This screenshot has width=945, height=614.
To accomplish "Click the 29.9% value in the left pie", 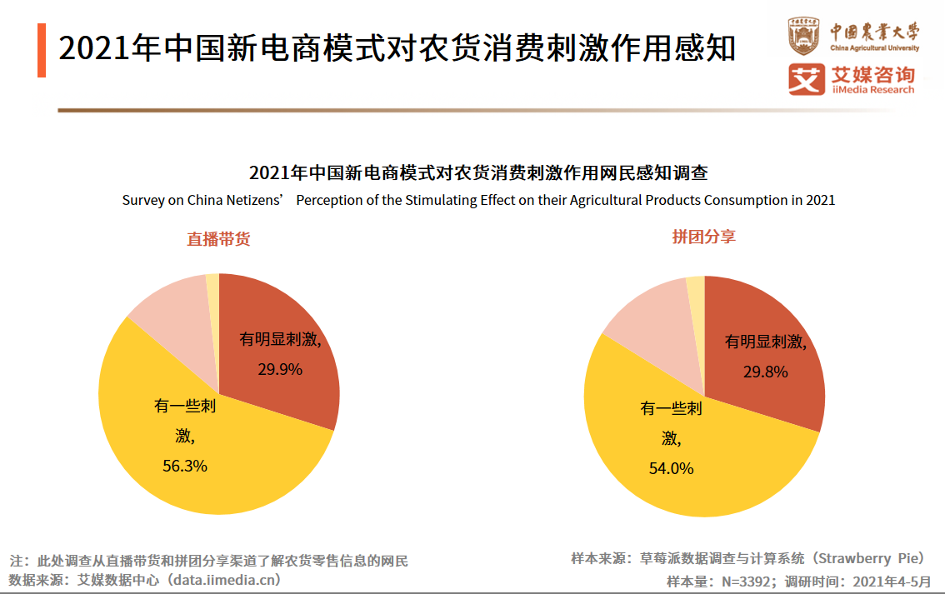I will (x=279, y=368).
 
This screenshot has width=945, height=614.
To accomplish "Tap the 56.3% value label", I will (x=184, y=466).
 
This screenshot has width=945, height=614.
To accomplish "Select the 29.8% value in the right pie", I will (x=765, y=372).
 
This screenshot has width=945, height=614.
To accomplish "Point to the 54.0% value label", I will (x=671, y=468).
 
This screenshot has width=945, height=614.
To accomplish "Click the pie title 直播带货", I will (x=218, y=239).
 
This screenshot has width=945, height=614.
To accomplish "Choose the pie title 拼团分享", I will (x=704, y=237).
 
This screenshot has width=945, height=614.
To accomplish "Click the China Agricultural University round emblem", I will (x=804, y=37).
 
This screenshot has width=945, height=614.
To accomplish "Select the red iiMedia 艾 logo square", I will (x=806, y=80).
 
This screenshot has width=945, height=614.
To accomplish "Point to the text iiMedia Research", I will (x=872, y=90).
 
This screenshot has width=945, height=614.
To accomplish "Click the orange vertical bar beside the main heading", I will (x=42, y=50).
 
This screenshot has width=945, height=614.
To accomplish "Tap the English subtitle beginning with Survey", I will (x=478, y=200).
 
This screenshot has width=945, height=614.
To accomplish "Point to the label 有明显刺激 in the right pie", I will (x=765, y=341).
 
